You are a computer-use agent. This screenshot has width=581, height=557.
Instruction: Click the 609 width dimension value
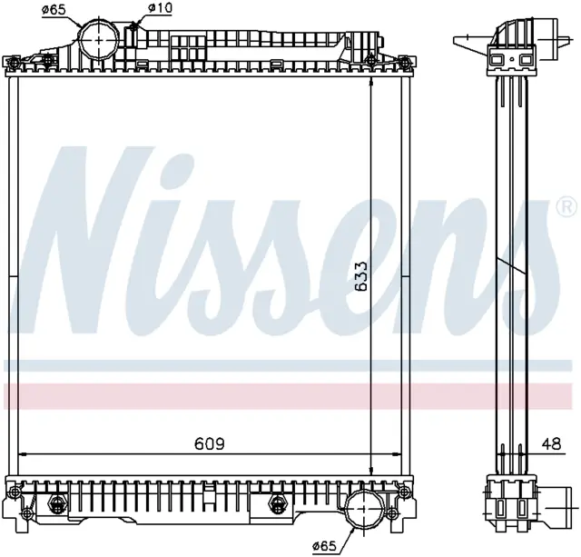pyautogui.click(x=210, y=443)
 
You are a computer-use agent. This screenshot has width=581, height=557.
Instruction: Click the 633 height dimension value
pyautogui.click(x=360, y=276)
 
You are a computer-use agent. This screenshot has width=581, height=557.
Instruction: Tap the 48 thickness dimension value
pyautogui.click(x=551, y=443)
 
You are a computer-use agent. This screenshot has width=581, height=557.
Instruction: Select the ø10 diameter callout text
pyautogui.click(x=160, y=8)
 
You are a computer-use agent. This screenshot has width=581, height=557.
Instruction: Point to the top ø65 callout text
pyautogui.click(x=54, y=9)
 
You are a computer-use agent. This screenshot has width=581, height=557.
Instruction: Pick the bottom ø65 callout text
pyautogui.click(x=324, y=545)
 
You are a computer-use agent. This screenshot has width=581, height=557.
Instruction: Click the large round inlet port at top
pyautogui.click(x=99, y=39)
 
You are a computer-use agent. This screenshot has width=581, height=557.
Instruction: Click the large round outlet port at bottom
pyautogui.click(x=362, y=510)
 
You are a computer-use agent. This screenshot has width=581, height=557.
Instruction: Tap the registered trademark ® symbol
pyautogui.click(x=566, y=207)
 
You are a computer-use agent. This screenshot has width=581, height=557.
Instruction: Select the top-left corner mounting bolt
pyautogui.click(x=15, y=62)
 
